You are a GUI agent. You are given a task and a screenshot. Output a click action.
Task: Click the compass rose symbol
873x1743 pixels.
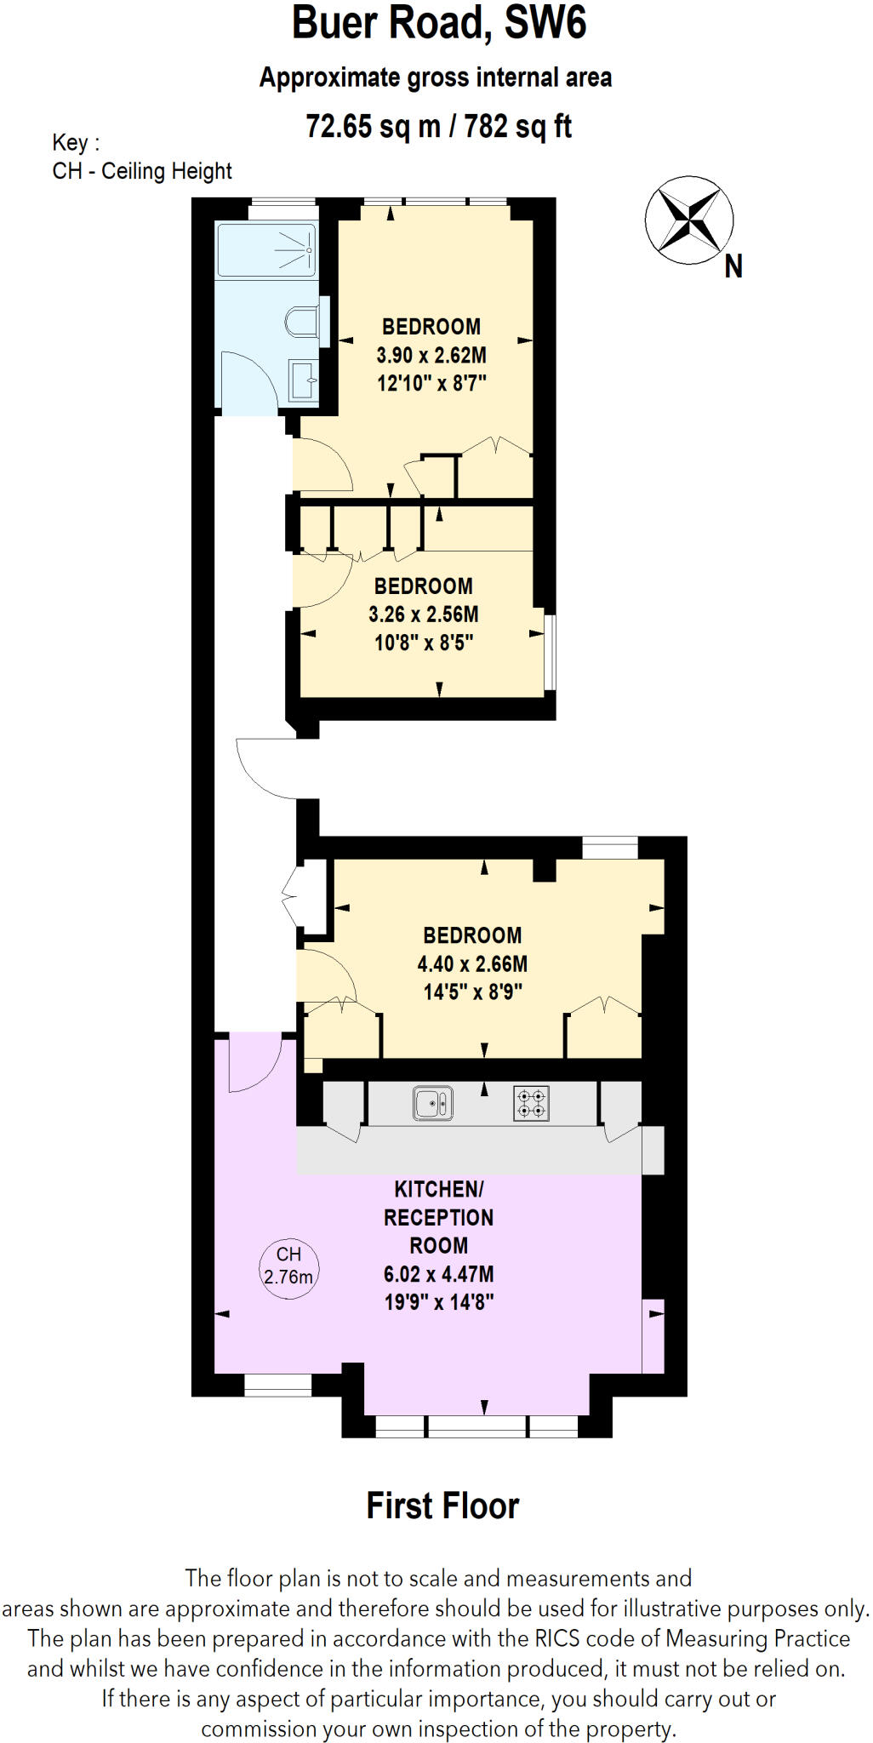[688, 220]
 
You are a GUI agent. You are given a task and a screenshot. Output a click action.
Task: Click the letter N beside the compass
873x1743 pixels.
[733, 267]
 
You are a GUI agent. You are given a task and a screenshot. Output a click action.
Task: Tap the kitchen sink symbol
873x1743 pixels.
[432, 1104]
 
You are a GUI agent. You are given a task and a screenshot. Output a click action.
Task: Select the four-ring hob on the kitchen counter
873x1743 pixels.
[532, 1104]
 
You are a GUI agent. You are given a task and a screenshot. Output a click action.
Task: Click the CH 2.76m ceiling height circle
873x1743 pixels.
[288, 1266]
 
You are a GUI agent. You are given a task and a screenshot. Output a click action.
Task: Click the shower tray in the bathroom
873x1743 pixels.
[265, 249]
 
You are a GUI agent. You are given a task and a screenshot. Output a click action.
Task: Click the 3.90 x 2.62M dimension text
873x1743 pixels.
[431, 355]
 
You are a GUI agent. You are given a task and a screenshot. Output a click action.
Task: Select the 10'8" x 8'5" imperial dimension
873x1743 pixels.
[424, 643]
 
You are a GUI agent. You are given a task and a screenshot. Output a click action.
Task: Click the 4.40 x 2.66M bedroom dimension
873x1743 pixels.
[472, 963]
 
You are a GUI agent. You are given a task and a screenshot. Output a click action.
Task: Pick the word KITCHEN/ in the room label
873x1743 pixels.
[438, 1189]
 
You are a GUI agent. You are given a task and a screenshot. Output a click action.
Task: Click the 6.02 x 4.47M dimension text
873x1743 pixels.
[438, 1274]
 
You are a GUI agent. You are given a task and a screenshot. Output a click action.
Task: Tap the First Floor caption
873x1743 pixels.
[442, 1506]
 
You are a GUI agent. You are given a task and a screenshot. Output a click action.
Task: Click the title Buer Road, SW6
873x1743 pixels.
[439, 23]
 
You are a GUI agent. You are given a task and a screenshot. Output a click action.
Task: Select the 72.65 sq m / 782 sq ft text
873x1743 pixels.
[438, 127]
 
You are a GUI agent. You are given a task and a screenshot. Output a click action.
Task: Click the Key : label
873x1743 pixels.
[76, 142]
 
